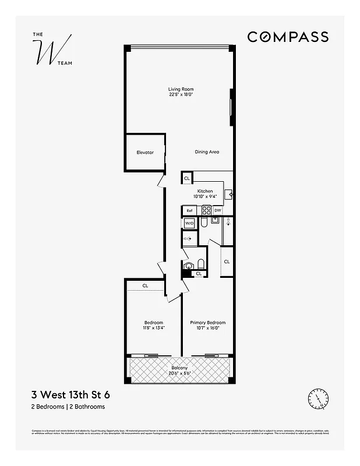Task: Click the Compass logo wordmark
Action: tap(288, 37)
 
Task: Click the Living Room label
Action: tap(181, 89)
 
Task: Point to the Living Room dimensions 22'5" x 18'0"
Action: tap(181, 94)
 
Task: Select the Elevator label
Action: tap(145, 153)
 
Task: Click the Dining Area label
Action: tap(207, 152)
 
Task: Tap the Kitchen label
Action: tap(204, 191)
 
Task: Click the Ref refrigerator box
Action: tap(189, 210)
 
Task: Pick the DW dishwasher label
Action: tap(217, 210)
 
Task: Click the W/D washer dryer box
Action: tap(189, 223)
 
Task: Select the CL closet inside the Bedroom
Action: tap(145, 285)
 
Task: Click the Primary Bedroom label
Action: tap(207, 323)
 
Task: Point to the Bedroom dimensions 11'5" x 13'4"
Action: tap(154, 328)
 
